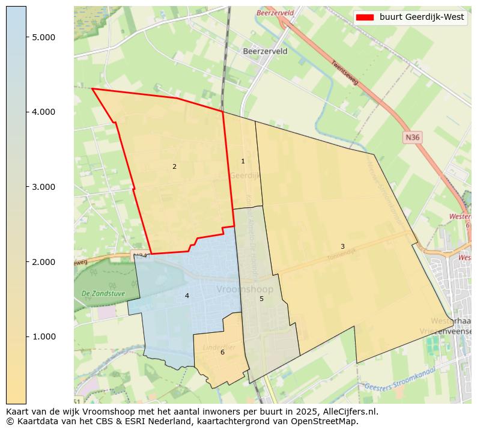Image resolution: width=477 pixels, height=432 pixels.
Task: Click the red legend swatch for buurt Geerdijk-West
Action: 365,17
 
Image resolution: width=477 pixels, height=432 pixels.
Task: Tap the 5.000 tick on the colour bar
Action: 43,37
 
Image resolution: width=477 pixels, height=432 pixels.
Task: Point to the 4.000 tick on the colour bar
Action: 43,112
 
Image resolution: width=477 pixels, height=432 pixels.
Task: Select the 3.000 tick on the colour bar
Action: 43,187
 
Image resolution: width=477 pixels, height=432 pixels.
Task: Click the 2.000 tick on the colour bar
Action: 43,262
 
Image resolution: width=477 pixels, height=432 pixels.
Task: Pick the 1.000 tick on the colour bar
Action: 43,336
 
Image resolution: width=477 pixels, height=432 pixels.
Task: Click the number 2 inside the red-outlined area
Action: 174,166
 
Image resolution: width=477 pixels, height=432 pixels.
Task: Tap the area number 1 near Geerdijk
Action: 243,161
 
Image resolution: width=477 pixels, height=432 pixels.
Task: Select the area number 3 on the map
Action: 342,246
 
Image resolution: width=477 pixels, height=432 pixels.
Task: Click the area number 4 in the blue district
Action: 187,296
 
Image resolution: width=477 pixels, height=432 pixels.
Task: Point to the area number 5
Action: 261,299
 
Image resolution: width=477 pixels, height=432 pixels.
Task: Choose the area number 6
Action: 222,352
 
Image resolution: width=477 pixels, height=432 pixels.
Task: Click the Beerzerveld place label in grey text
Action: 265,52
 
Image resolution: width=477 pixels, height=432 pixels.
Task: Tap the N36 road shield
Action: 412,138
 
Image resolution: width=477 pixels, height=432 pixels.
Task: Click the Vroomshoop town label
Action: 245,290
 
